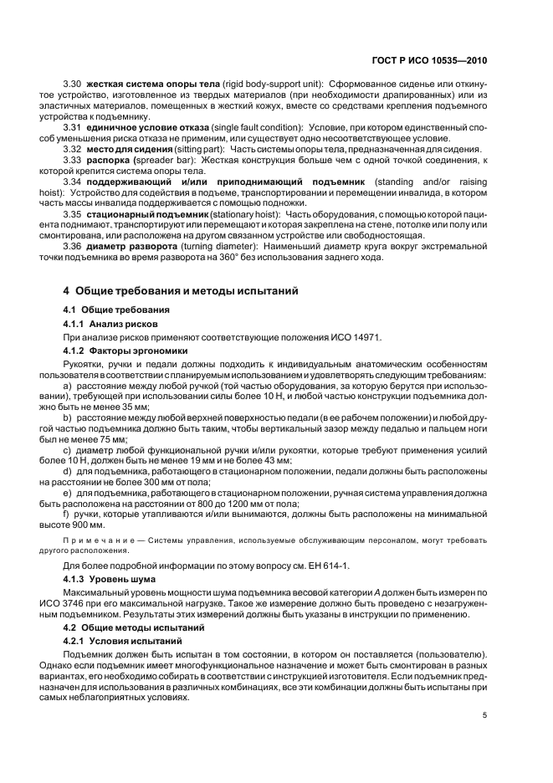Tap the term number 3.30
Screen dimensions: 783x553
(72, 85)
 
